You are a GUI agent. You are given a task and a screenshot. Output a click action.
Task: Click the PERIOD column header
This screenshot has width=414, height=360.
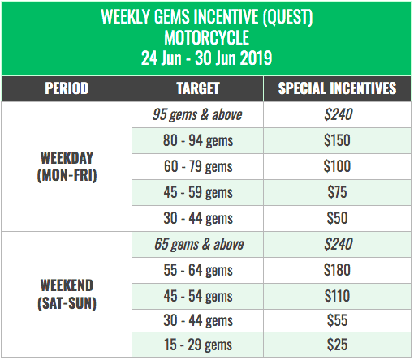67,88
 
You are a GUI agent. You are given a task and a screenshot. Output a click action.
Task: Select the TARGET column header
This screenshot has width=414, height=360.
198,88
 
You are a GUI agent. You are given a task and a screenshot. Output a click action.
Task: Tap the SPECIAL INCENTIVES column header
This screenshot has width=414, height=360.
337,88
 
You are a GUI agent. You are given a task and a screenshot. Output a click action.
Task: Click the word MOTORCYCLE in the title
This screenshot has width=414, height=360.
207,37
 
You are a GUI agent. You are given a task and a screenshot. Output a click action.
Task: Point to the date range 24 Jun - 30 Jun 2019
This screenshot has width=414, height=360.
206,58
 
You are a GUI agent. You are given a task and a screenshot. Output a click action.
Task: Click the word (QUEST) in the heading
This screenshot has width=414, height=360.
287,17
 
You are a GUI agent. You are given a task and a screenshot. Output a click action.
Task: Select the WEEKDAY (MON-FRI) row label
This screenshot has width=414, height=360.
67,166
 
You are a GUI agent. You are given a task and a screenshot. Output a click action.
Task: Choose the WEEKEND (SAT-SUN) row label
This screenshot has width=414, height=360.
67,294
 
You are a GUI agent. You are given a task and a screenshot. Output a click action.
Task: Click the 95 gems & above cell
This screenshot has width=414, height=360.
197,114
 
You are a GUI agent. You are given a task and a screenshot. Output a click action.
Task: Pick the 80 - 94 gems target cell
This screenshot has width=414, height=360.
198,140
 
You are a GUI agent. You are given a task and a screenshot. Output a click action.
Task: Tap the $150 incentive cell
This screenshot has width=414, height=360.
337,140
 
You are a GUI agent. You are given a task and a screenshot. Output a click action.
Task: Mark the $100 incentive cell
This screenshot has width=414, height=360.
337,166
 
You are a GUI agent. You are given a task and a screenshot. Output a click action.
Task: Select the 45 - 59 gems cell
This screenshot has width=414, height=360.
198,192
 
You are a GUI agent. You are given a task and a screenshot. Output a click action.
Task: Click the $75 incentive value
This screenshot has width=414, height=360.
337,192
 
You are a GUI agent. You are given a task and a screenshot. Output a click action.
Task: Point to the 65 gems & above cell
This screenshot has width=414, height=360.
199,244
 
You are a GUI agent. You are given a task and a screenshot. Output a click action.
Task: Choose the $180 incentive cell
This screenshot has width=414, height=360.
337,270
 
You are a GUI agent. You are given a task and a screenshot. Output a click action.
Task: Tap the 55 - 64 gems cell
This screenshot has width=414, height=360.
198,270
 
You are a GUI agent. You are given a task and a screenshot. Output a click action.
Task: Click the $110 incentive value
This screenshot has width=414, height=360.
337,296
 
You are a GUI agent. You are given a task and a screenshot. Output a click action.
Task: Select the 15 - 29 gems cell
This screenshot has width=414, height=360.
198,345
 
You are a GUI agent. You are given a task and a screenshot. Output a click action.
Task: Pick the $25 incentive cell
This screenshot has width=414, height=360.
337,345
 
